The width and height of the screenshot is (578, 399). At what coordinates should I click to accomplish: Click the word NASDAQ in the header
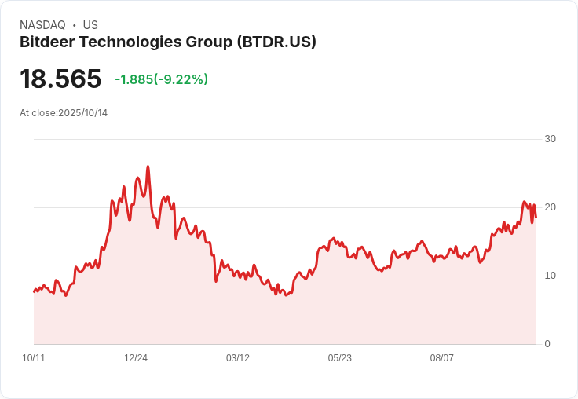click(42, 25)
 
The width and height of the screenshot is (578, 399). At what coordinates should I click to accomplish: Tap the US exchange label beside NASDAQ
click(90, 25)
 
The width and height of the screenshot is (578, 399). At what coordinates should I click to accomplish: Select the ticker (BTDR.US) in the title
click(276, 42)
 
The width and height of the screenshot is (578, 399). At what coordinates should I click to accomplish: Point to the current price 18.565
click(60, 79)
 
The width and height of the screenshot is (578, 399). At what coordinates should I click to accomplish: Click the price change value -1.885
click(134, 79)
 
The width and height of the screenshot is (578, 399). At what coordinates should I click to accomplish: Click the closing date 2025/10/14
click(82, 113)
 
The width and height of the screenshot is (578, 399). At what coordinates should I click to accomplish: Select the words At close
click(38, 113)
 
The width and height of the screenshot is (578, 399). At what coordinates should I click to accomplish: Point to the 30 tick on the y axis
click(550, 139)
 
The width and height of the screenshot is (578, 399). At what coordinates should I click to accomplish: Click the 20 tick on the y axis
click(550, 207)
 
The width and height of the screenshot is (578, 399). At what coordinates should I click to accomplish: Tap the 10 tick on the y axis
click(550, 276)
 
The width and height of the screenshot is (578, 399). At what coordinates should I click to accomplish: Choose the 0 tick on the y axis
click(547, 344)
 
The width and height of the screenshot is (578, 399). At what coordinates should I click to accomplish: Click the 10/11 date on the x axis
click(34, 358)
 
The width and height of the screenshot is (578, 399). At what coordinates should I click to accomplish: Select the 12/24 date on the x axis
click(136, 358)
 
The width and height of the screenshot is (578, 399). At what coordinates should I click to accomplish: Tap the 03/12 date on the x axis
click(238, 358)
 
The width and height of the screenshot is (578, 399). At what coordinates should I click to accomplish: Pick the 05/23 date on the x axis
click(340, 358)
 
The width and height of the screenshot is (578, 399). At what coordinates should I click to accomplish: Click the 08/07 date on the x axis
click(442, 358)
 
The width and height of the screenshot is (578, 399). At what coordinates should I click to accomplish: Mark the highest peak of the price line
click(148, 167)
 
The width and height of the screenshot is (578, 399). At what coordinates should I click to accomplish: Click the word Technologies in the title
click(128, 42)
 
